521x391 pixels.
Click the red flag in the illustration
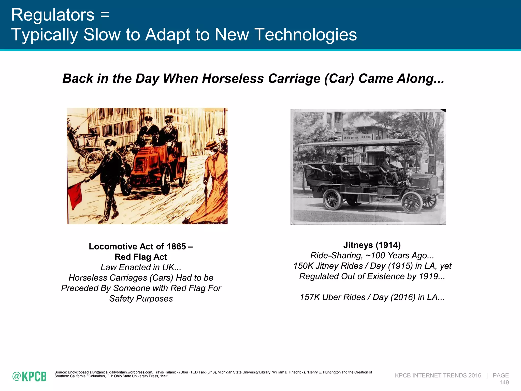pyautogui.click(x=75, y=193)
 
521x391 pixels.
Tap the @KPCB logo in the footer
pyautogui.click(x=30, y=376)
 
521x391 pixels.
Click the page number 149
pyautogui.click(x=504, y=382)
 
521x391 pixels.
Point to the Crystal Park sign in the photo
pyautogui.click(x=358, y=138)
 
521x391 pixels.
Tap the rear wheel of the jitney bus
pyautogui.click(x=332, y=200)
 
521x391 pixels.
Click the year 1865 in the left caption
pyautogui.click(x=176, y=246)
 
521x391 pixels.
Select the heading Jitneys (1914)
pyautogui.click(x=372, y=245)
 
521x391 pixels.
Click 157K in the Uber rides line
pyautogui.click(x=310, y=297)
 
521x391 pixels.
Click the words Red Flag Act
pyautogui.click(x=141, y=257)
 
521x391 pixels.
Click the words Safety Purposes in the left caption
pyautogui.click(x=141, y=299)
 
